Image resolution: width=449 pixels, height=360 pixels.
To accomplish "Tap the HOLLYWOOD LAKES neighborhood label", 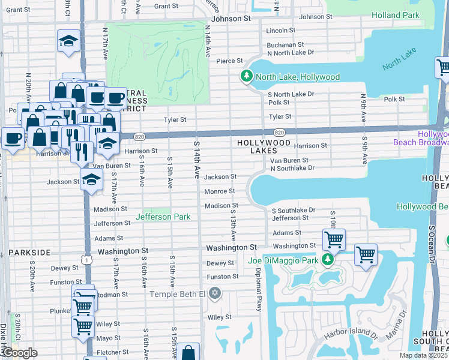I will (x=264, y=147).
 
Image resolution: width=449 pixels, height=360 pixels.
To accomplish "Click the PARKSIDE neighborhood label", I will (x=29, y=253).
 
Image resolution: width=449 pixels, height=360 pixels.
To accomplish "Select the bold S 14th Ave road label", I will (x=197, y=160).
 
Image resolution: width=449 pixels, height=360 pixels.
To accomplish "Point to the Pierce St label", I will (x=229, y=61).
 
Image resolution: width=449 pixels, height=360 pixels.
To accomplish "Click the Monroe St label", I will (x=219, y=191).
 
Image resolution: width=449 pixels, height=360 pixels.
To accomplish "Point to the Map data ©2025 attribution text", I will (x=423, y=355).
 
